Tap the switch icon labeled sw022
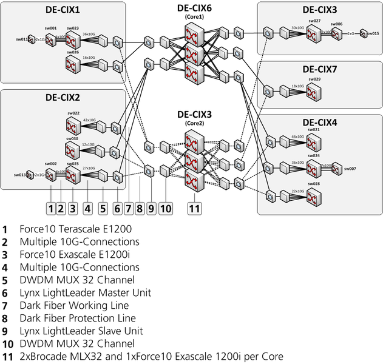[73, 126]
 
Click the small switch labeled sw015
[367, 33]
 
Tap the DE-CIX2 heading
[63, 97]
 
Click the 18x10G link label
[297, 87]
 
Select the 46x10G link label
[297, 137]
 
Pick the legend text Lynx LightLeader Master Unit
[76, 292]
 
